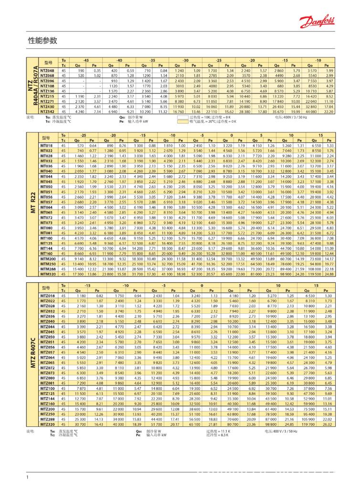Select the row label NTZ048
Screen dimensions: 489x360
click(x=48, y=71)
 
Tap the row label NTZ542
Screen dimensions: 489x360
click(x=48, y=111)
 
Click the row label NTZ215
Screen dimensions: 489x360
click(x=48, y=96)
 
